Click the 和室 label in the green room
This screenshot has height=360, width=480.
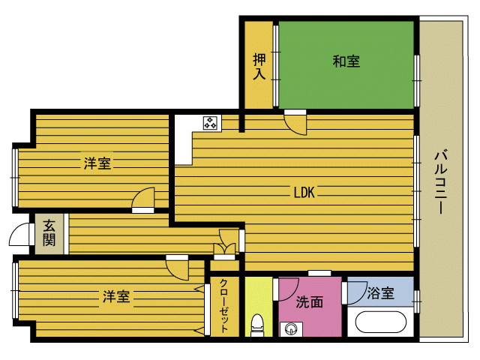pyautogui.click(x=346, y=61)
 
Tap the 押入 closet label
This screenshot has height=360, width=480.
pyautogui.click(x=259, y=67)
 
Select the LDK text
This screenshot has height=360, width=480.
pyautogui.click(x=304, y=192)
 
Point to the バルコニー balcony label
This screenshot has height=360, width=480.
pyautogui.click(x=441, y=181)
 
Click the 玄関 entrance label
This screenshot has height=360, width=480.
pyautogui.click(x=49, y=233)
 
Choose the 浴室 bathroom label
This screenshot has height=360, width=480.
pyautogui.click(x=380, y=293)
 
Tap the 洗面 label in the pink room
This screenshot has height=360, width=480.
pyautogui.click(x=310, y=301)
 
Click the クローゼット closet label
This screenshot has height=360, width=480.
pyautogui.click(x=224, y=305)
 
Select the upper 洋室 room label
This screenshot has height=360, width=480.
pyautogui.click(x=97, y=163)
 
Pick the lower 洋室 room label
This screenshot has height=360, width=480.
pyautogui.click(x=116, y=296)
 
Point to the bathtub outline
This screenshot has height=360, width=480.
pyautogui.click(x=381, y=322)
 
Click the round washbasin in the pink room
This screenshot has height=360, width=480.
pyautogui.click(x=290, y=329)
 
